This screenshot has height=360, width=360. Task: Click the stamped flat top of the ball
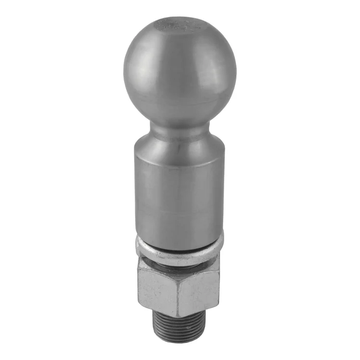[x=179, y=24]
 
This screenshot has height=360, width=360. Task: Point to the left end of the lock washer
[x=138, y=245]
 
